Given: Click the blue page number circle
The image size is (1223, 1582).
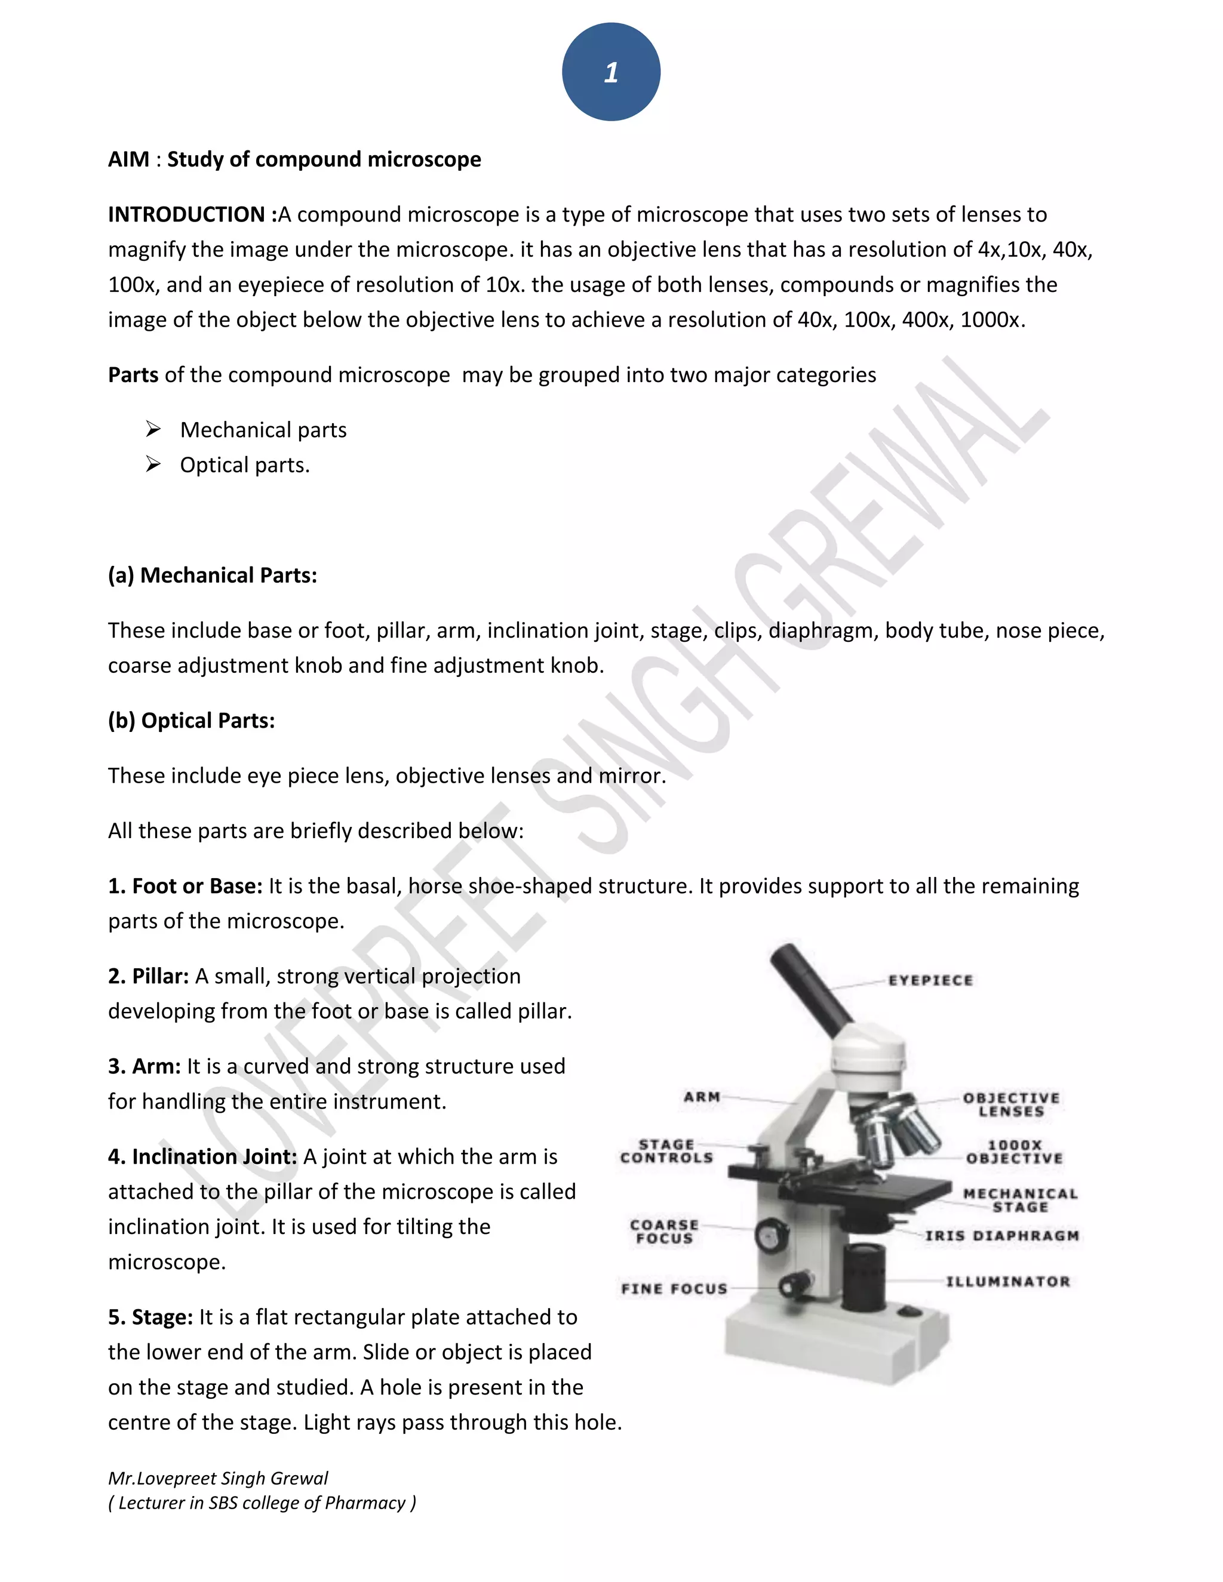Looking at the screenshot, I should pos(611,72).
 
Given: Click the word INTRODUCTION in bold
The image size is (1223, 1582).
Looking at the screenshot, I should pos(186,214).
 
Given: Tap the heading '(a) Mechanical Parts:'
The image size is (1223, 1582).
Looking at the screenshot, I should pos(212,575).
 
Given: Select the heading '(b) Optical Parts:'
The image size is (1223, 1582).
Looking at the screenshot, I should pos(191,721).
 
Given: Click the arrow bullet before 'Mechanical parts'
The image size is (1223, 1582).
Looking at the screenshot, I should pos(153,430).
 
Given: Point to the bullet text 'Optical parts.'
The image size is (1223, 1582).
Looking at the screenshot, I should pos(245,465).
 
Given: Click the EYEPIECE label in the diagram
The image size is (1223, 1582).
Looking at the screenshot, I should pos(931,980).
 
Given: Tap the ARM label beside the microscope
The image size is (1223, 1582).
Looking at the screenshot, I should pos(701,1097).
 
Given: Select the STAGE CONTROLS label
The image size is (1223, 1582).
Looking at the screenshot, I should pos(666,1151).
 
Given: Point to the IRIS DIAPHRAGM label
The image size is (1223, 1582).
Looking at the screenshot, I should pos(1002,1236).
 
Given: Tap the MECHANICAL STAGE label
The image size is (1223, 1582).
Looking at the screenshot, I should pos(1020,1201).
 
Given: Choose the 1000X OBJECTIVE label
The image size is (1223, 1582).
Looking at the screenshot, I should pos(1015,1152).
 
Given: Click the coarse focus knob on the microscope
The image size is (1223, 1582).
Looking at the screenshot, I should pos(771,1235).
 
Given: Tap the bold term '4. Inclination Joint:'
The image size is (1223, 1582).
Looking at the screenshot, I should pos(202,1157).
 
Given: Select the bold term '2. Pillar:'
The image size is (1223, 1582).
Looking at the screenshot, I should pos(149,977).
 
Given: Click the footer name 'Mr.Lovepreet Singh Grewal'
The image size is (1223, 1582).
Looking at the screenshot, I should pos(218,1478).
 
